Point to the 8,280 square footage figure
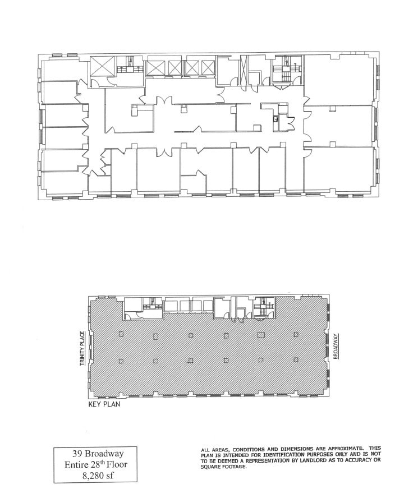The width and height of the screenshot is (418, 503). [x=86, y=477]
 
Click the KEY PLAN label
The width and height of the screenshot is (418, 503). [x=104, y=403]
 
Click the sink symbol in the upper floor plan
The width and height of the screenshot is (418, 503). [x=275, y=119]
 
